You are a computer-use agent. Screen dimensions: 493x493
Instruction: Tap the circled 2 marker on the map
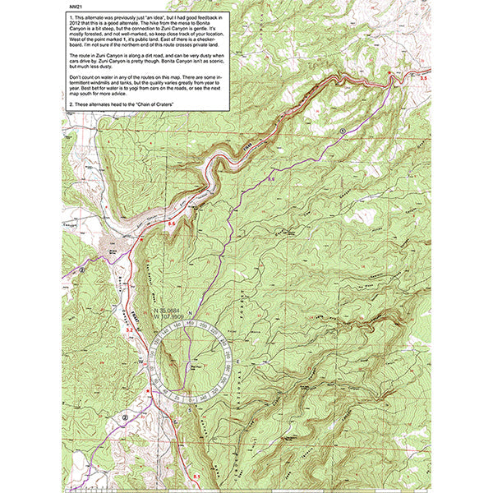pos(125,417)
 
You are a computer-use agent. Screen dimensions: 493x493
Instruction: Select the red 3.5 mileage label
pos(424,76)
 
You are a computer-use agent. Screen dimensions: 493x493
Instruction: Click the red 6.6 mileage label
pos(172,223)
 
